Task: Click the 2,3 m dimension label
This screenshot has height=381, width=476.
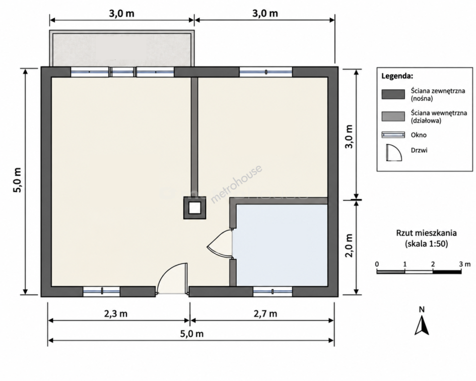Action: (x=116, y=314)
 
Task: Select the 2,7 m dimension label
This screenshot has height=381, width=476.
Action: (x=266, y=314)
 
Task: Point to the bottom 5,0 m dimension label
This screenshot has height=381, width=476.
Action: (x=192, y=334)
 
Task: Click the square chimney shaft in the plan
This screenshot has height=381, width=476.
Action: (x=195, y=208)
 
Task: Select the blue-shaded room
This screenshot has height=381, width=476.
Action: (x=282, y=245)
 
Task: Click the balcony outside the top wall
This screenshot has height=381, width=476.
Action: (x=122, y=49)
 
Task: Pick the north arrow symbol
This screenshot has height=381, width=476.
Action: (x=422, y=325)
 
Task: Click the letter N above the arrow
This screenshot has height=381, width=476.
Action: (x=422, y=310)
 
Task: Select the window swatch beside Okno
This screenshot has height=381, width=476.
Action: (x=393, y=134)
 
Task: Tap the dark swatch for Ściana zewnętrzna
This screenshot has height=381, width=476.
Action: (x=393, y=94)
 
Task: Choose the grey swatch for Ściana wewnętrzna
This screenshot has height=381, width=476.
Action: (x=393, y=116)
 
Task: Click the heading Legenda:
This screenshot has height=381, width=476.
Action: (x=397, y=76)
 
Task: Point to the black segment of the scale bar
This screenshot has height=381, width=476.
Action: (x=447, y=272)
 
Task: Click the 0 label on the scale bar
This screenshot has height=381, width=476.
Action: (x=377, y=264)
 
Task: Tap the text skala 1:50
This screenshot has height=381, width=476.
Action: (x=426, y=244)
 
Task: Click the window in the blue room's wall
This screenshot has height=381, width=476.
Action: (x=272, y=292)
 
